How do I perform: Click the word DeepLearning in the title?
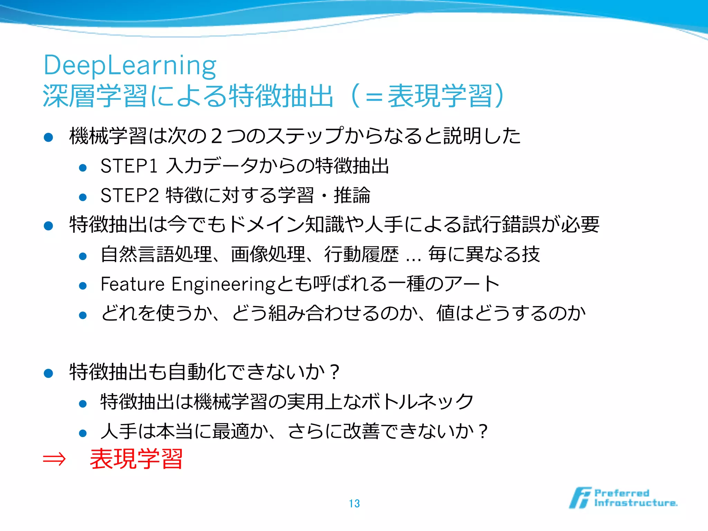130,66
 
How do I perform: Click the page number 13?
354,503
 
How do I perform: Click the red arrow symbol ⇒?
54,459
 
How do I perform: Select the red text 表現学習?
136,459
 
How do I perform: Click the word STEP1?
129,166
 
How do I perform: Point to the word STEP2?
129,195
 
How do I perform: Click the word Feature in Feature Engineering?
132,284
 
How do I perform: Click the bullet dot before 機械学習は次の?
48,137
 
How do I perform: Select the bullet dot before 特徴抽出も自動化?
48,373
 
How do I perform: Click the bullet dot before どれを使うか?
83,315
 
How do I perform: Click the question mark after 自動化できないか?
334,373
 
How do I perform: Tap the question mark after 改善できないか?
483,432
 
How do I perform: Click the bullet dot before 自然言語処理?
83,256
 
